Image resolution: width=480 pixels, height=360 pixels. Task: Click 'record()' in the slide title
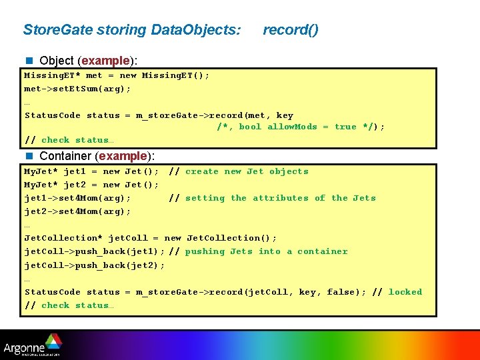tap(291, 30)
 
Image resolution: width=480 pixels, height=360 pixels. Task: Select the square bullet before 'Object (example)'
tap(29, 61)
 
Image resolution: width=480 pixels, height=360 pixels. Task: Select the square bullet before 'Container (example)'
tap(29, 156)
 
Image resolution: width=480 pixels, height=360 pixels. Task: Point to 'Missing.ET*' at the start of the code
tap(52, 75)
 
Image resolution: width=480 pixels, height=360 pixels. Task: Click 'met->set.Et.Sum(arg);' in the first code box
tap(77, 89)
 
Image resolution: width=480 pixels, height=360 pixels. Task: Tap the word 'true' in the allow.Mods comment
tap(345, 127)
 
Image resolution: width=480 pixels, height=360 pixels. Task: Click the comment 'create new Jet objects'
tap(247, 171)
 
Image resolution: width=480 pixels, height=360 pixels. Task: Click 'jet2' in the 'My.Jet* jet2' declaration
tap(75, 185)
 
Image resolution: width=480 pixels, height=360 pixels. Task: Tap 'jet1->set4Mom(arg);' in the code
tap(77, 198)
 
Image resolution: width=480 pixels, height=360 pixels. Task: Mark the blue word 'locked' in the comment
tap(405, 292)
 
